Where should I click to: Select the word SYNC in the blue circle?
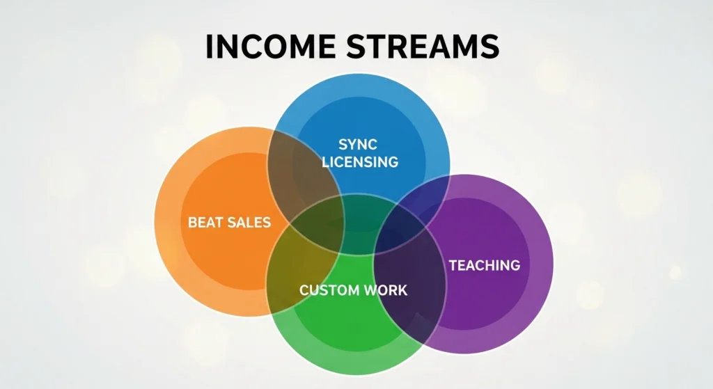pyautogui.click(x=357, y=144)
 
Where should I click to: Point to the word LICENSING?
pyautogui.click(x=360, y=162)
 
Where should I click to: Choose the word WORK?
pyautogui.click(x=389, y=289)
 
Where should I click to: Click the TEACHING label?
pyautogui.click(x=485, y=265)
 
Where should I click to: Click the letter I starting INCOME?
pyautogui.click(x=210, y=46)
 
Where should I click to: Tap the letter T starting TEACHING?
pyautogui.click(x=453, y=265)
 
